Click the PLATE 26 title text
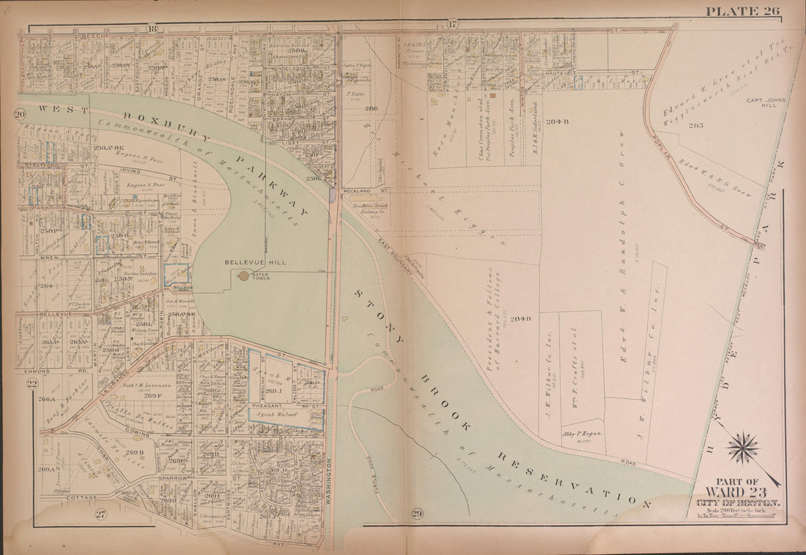[x=742, y=10]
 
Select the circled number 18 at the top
[x=152, y=29]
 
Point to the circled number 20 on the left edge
[x=20, y=114]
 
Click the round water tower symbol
[x=243, y=276]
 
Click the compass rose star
[x=743, y=447]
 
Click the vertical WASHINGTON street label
[x=329, y=483]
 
